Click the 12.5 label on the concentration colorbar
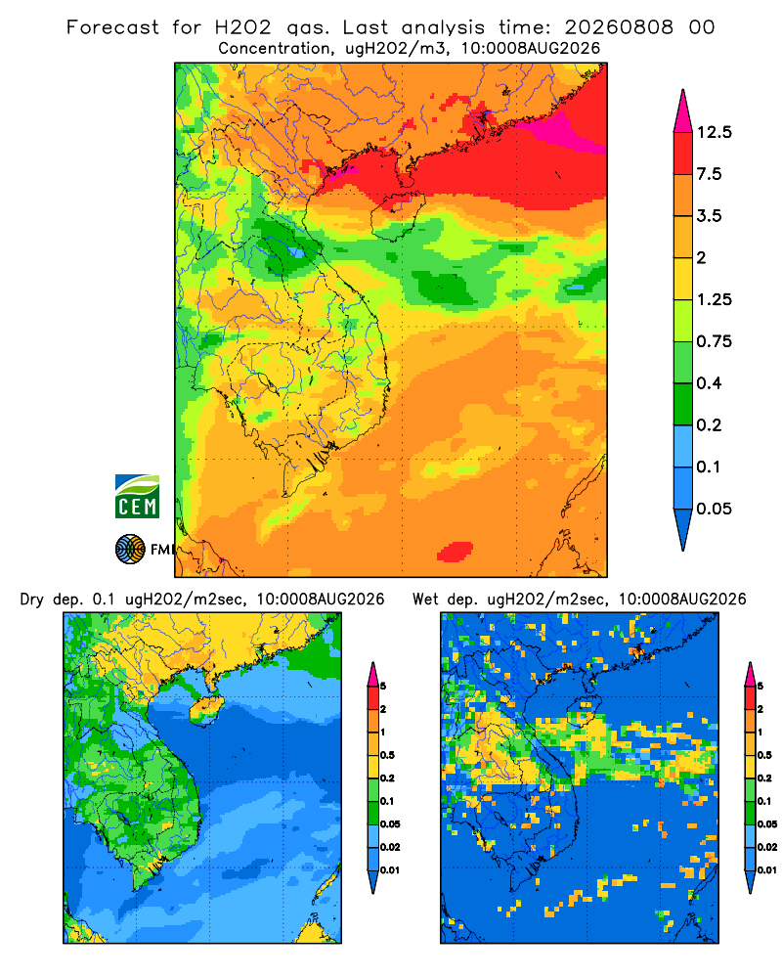(714, 132)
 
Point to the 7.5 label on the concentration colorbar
(709, 174)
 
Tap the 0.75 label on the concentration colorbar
(714, 341)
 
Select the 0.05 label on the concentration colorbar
(714, 509)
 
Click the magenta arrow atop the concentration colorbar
(683, 111)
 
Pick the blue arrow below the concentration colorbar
(683, 529)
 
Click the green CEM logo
(137, 497)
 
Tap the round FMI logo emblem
(130, 550)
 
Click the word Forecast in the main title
(112, 27)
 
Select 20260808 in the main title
(619, 27)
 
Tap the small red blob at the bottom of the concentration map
(455, 552)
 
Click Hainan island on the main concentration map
(398, 216)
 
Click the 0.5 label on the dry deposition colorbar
(387, 755)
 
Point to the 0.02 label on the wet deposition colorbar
(767, 847)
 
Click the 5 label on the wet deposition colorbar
(760, 687)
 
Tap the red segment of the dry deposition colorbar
(372, 698)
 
